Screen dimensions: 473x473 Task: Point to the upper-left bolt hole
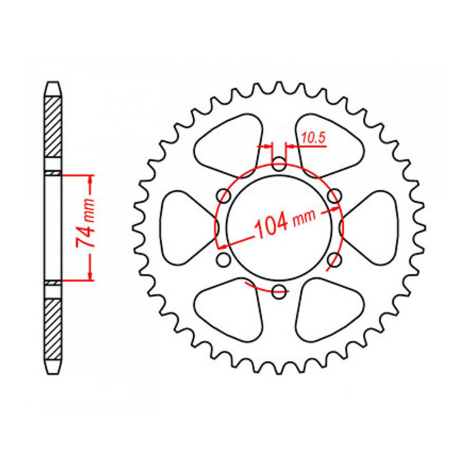point(223,196)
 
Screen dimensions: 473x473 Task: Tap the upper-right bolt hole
point(335,196)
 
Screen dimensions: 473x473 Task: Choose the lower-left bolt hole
point(223,259)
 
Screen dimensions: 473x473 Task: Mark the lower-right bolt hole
point(335,259)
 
